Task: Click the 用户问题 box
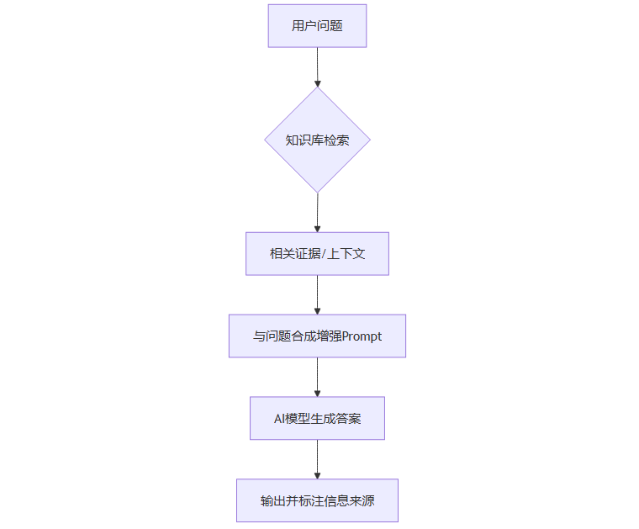(317, 25)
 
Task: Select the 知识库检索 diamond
(317, 140)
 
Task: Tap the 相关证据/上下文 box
(317, 253)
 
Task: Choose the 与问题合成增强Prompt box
(317, 336)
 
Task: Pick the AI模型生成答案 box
(317, 418)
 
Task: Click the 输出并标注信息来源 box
(317, 500)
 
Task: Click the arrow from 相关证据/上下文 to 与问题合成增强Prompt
(317, 294)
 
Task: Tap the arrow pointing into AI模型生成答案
(317, 376)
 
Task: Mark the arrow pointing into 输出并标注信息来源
(317, 458)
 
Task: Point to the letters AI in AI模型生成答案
(280, 418)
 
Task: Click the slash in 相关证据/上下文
(325, 253)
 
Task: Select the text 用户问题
(317, 25)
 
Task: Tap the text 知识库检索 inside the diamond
(317, 140)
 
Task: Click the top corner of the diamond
(317, 88)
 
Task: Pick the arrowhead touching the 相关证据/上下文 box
(317, 227)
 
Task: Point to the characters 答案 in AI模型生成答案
(349, 418)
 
